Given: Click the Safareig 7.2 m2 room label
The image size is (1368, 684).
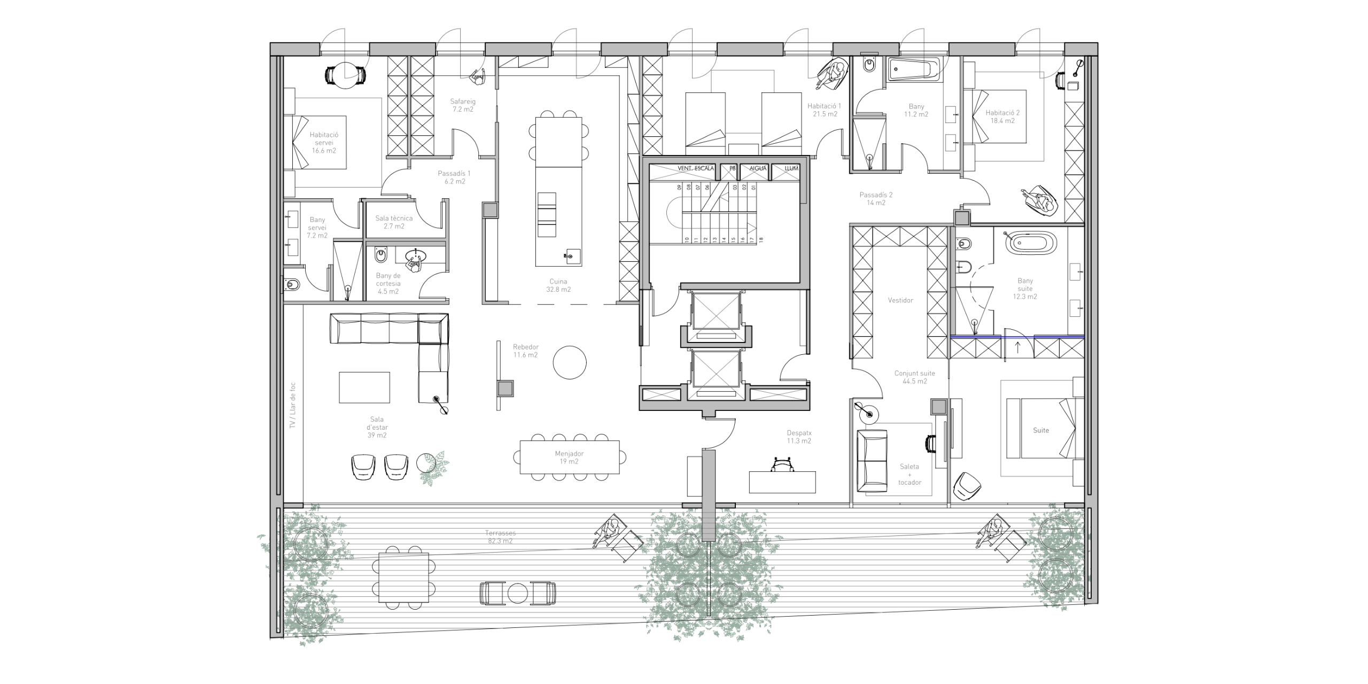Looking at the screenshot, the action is tap(463, 105).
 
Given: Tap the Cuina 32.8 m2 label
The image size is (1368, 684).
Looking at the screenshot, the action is tap(558, 285).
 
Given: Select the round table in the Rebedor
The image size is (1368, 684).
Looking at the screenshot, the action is tap(570, 362).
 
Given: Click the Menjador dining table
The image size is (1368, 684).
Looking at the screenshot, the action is tap(570, 457).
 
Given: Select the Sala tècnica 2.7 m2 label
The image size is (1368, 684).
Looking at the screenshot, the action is tap(394, 222).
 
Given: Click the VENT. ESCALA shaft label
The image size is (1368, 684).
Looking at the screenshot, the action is tap(696, 168).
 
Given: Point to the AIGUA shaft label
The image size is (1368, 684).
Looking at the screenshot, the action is tap(758, 168).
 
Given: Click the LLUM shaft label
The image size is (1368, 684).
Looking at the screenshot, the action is tap(791, 168).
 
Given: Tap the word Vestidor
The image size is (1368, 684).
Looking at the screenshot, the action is tap(900, 300).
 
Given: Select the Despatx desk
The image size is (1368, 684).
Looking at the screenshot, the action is tap(782, 482).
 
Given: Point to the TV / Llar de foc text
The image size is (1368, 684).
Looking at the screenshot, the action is tap(292, 405).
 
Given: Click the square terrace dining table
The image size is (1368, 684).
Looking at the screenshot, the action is tap(403, 578).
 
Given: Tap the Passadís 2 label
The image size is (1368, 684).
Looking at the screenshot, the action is tap(876, 199).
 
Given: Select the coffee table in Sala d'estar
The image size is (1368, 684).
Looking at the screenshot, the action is tap(364, 387).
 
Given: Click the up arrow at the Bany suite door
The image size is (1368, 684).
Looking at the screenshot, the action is tap(1017, 348).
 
